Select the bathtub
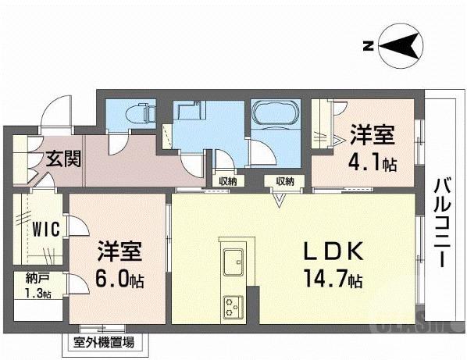[x=275, y=116]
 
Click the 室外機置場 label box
[x=103, y=342]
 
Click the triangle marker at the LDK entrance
[x=277, y=199]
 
